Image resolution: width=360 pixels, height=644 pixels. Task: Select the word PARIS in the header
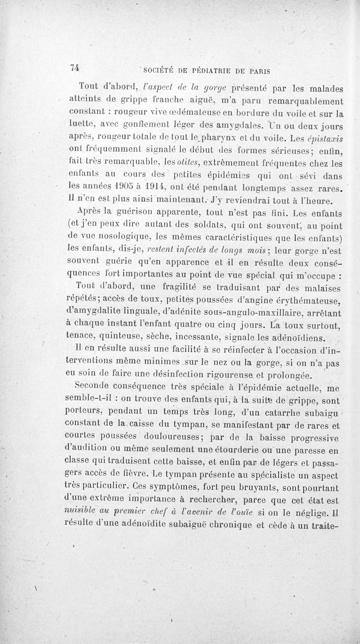tap(264, 70)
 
